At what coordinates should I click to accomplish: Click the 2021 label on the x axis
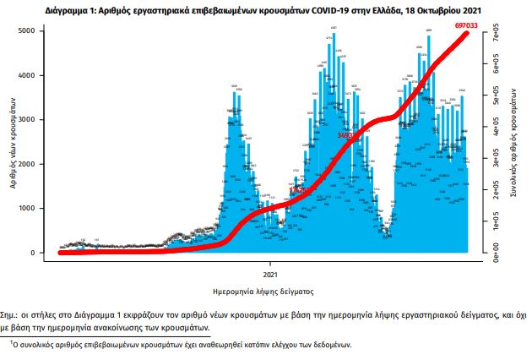click(270, 275)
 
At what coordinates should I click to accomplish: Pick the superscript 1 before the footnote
click(11, 342)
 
